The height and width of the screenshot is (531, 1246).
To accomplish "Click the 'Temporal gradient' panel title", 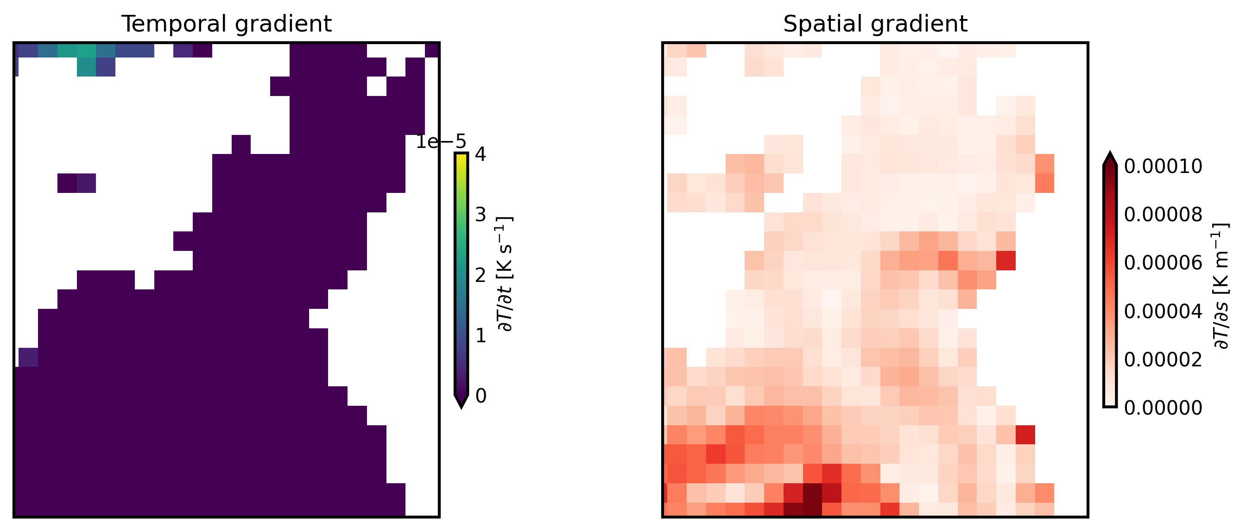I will point(227,24).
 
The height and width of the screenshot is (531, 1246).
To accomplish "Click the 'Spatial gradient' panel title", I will point(875,24).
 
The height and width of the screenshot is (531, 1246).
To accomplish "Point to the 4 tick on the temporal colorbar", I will point(481,154).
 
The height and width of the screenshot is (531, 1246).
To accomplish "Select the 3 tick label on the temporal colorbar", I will point(481,214).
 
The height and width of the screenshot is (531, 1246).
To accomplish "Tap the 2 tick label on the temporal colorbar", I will point(481,275).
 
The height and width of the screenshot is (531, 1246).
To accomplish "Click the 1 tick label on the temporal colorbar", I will point(481,335).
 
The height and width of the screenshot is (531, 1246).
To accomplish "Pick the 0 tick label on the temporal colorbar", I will point(481,396).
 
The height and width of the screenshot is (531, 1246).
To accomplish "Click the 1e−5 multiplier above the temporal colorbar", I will point(441,142).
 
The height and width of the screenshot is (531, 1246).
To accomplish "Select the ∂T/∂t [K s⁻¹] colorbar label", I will point(505,274).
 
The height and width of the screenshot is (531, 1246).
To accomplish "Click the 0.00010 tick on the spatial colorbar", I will point(1163,166).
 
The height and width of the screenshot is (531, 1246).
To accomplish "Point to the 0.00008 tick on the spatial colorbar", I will point(1163,214).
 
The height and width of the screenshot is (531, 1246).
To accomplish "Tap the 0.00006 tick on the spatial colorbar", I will point(1163,263).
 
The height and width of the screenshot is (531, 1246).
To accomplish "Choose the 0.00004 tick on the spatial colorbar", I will point(1163,311).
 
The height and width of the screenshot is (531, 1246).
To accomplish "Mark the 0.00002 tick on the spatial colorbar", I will point(1163,360).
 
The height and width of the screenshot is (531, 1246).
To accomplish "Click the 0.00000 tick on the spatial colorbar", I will point(1163,408).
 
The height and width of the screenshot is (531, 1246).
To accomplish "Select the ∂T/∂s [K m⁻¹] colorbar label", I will point(1222,286).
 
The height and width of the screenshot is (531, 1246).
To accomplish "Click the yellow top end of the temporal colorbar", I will point(462,158).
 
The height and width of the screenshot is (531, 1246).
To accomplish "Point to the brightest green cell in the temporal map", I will point(87,51).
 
